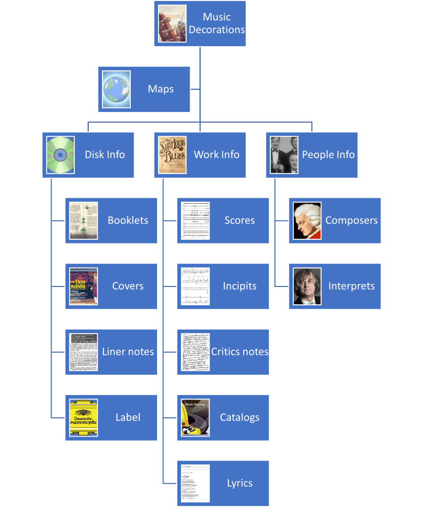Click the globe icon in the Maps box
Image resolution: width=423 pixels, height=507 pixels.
[116, 89]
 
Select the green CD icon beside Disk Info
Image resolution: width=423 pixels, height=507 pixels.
[60, 155]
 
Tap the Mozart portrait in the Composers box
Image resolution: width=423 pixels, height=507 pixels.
[307, 221]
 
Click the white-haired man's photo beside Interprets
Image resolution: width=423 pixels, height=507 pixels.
[307, 286]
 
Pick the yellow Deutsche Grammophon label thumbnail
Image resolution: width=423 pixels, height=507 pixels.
[84, 417]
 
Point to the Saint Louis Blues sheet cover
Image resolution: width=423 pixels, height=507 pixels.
[172, 155]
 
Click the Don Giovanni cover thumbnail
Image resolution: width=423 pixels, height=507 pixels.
[84, 286]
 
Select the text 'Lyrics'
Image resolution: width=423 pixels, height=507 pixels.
[240, 483]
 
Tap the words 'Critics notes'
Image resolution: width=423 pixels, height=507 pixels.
[240, 352]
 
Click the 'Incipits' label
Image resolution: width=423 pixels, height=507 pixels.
[240, 286]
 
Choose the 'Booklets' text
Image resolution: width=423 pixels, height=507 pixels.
[128, 221]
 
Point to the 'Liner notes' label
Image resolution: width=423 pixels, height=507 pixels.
[128, 352]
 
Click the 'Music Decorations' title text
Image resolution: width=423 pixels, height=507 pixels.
[217, 23]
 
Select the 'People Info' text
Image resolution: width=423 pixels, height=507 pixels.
[328, 155]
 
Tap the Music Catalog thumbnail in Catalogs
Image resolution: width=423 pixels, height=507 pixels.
[195, 417]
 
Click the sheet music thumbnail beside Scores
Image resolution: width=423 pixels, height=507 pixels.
[195, 221]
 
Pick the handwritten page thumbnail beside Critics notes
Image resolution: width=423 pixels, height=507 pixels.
[195, 352]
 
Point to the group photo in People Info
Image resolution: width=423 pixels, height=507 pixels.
[284, 155]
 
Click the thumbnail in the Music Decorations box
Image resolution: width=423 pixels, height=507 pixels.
[172, 23]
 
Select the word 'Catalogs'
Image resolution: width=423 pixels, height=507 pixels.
[240, 417]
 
